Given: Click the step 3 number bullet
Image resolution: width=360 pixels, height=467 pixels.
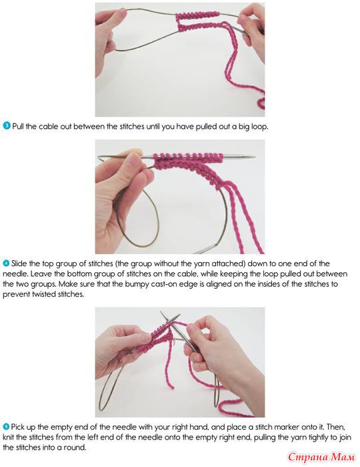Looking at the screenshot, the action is pos(7,126).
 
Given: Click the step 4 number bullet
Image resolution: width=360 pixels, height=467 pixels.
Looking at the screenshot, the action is pos(6,264).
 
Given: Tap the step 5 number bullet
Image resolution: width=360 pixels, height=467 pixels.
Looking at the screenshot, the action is pos(6,427).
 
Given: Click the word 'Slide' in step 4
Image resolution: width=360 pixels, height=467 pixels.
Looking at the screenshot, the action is pos(19,264).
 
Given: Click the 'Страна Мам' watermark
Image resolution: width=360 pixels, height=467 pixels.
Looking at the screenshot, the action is pos(321,456).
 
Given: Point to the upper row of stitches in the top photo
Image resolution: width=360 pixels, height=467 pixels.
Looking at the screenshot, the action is pos(198,15).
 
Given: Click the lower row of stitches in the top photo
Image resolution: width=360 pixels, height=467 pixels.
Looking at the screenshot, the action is pos(202,26).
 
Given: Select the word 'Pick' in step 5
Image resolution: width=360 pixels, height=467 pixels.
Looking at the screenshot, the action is pos(17,427).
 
